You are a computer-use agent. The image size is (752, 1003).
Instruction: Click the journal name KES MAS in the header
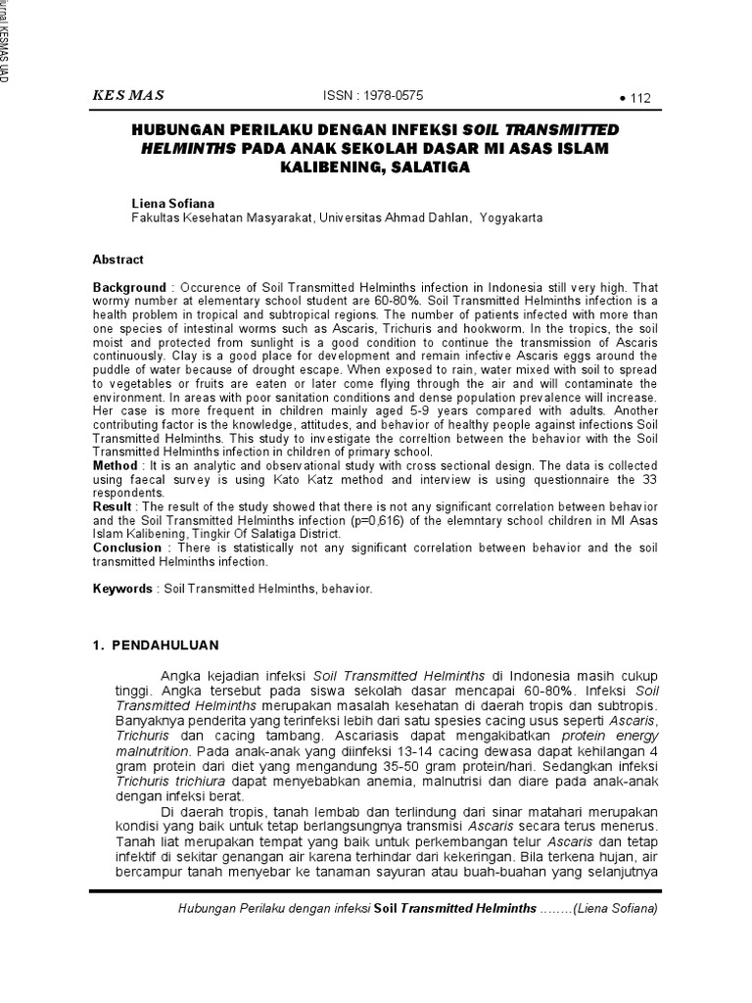(127, 95)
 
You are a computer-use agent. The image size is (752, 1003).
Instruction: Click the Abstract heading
(117, 260)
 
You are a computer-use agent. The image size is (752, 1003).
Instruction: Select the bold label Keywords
(122, 590)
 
